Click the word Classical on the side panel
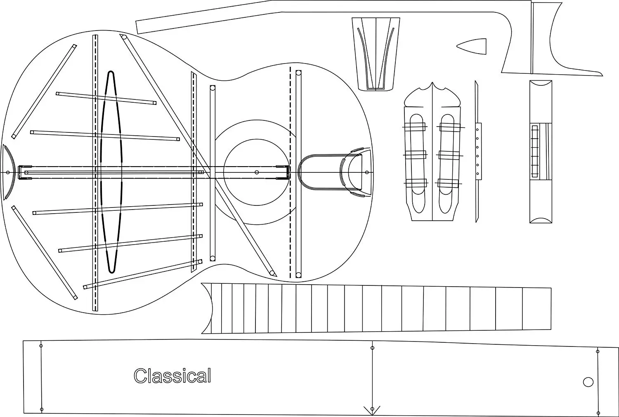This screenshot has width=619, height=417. (x=172, y=376)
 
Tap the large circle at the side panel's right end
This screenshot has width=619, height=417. (x=588, y=382)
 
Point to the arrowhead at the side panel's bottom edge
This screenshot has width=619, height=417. (x=372, y=410)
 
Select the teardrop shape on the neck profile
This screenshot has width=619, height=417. (x=473, y=46)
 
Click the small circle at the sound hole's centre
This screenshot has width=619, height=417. (x=257, y=172)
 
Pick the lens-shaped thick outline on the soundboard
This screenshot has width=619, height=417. (x=111, y=172)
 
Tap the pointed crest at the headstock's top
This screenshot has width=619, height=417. (x=432, y=85)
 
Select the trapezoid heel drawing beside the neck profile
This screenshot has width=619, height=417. (x=376, y=54)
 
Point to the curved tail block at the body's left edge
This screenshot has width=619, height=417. (x=9, y=172)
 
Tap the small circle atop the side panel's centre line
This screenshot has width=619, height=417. (x=372, y=348)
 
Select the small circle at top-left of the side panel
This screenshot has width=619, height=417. (x=40, y=345)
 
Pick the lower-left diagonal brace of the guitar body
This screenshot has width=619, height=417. (x=45, y=252)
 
